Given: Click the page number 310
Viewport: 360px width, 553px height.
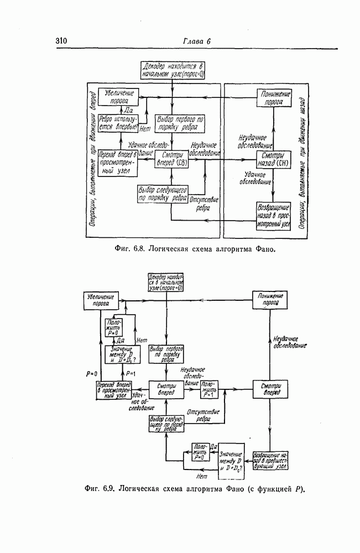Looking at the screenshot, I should [61, 41].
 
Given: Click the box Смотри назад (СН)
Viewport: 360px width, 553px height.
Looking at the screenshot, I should [273, 160].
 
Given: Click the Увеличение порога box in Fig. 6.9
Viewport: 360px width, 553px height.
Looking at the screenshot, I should [100, 300].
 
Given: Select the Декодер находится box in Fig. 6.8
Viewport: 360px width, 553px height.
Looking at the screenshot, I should [174, 71].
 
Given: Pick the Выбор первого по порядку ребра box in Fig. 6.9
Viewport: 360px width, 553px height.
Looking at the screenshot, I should [166, 353].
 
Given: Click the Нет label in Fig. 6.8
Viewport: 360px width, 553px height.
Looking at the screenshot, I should [146, 129].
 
